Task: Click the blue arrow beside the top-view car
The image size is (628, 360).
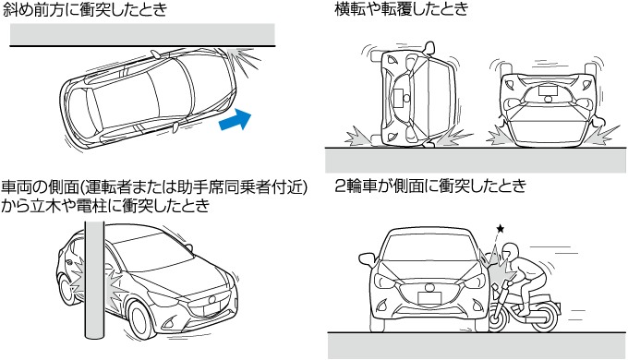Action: pyautogui.click(x=235, y=119)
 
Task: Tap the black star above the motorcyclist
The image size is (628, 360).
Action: pyautogui.click(x=501, y=229)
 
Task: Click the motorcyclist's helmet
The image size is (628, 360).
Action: pyautogui.click(x=511, y=251)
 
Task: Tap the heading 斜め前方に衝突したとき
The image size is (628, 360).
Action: pyautogui.click(x=85, y=9)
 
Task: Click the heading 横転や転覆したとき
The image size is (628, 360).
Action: pyautogui.click(x=402, y=9)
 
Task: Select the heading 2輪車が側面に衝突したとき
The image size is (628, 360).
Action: pyautogui.click(x=430, y=186)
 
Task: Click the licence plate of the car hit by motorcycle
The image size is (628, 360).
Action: pyautogui.click(x=429, y=298)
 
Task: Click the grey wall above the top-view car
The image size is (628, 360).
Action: pyautogui.click(x=142, y=34)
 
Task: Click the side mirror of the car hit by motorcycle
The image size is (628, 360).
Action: pyautogui.click(x=368, y=259)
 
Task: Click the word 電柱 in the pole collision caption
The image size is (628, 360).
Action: pyautogui.click(x=96, y=205)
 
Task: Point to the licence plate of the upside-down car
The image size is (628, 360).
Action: pyautogui.click(x=548, y=90)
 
